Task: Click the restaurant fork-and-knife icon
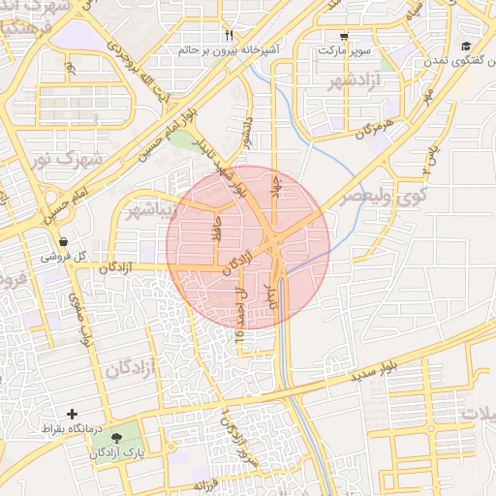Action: pos(228,35)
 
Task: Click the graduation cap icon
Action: pos(466,46)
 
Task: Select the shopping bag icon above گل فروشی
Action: pos(63,241)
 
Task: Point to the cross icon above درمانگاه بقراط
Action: pos(72,414)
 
